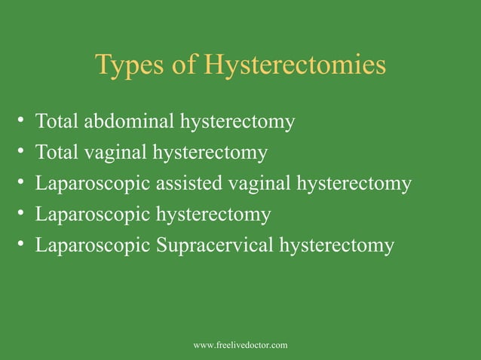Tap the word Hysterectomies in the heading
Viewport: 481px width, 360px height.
click(294, 67)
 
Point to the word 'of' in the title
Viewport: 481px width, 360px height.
click(184, 66)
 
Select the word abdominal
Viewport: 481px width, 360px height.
click(124, 122)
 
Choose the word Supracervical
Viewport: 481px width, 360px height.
click(215, 246)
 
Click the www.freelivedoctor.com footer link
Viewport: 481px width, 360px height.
click(240, 345)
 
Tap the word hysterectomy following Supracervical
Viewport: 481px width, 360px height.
click(336, 246)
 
